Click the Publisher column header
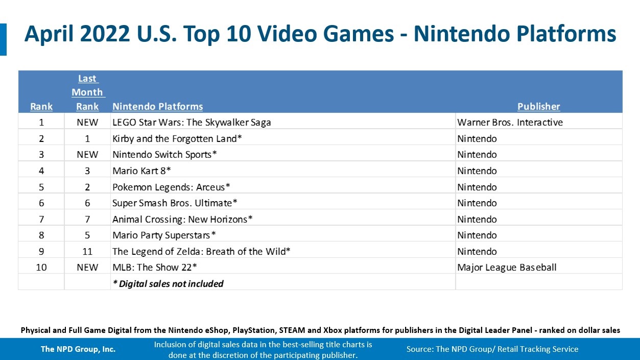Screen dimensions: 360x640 click(538, 107)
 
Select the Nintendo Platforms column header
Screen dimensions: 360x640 click(157, 107)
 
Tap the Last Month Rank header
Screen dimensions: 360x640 click(87, 92)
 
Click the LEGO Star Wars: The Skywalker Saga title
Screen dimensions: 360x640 click(192, 123)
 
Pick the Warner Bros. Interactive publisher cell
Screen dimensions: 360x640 click(510, 123)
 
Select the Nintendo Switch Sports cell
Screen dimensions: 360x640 click(164, 155)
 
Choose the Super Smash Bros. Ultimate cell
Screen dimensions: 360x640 click(175, 203)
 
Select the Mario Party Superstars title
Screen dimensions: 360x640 click(164, 235)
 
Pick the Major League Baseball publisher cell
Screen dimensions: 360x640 click(507, 268)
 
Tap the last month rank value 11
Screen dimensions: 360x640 click(87, 252)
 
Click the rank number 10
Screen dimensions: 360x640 click(41, 268)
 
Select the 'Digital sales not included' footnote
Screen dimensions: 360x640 click(168, 283)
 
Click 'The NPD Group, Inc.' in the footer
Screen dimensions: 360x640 click(78, 349)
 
